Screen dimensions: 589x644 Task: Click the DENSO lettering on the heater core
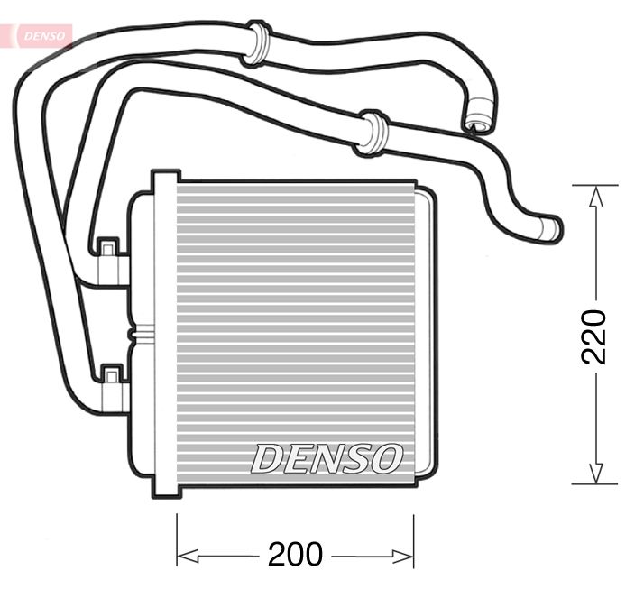326,458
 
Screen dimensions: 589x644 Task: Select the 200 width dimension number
295,554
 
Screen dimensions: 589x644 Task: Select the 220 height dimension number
593,336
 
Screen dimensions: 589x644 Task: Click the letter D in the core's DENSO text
268,458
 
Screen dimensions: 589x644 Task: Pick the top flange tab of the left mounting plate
165,178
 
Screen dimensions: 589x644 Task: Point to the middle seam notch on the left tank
135,335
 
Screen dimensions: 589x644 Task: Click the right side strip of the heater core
425,334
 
